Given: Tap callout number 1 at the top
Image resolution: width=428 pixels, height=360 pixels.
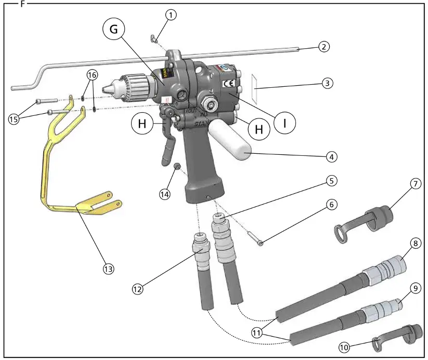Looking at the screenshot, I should click(171, 15).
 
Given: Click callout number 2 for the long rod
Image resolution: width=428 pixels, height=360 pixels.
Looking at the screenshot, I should click(324, 47).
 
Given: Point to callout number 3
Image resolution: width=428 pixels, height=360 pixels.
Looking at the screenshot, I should click(327, 83).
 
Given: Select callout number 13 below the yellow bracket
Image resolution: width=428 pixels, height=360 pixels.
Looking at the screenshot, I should click(108, 269).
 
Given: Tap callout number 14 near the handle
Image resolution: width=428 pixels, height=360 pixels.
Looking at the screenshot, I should click(164, 194).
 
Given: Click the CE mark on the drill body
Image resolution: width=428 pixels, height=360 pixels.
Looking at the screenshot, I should click(228, 83).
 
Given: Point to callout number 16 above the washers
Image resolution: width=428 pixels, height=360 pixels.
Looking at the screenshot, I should click(92, 75).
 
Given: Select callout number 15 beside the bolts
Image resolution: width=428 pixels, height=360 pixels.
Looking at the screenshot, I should click(14, 119).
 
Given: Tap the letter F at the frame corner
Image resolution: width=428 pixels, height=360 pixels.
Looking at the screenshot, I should click(22, 3).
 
